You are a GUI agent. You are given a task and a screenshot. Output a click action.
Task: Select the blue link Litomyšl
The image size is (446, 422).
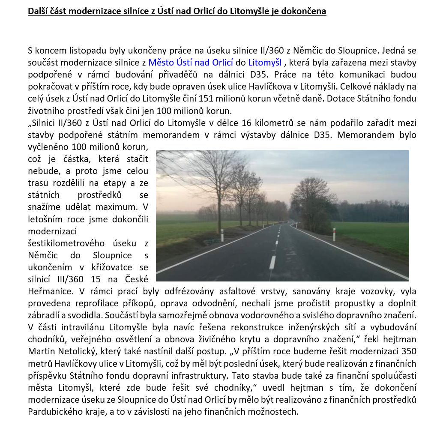click(x=265, y=63)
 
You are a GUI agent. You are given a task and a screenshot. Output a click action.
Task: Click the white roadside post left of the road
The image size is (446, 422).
click(x=222, y=235)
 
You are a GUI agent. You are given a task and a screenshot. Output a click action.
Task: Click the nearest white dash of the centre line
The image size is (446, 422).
click(x=272, y=262)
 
